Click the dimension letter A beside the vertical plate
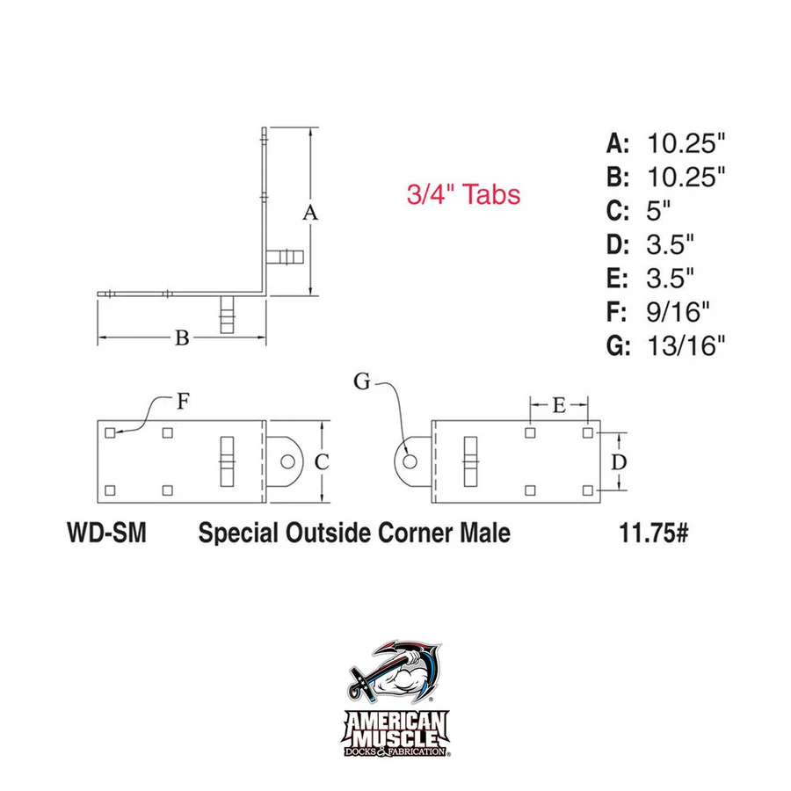[x=308, y=212]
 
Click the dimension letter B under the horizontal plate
[x=182, y=337]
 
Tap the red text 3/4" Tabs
[x=463, y=194]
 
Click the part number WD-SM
[x=105, y=533]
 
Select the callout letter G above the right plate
[x=363, y=381]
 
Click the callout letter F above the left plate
[x=182, y=402]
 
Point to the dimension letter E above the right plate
[x=559, y=405]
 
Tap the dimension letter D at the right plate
[x=619, y=461]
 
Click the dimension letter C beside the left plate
[x=322, y=461]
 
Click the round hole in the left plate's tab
[x=287, y=461]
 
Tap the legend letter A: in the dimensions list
[x=619, y=142]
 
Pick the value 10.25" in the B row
[x=686, y=177]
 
